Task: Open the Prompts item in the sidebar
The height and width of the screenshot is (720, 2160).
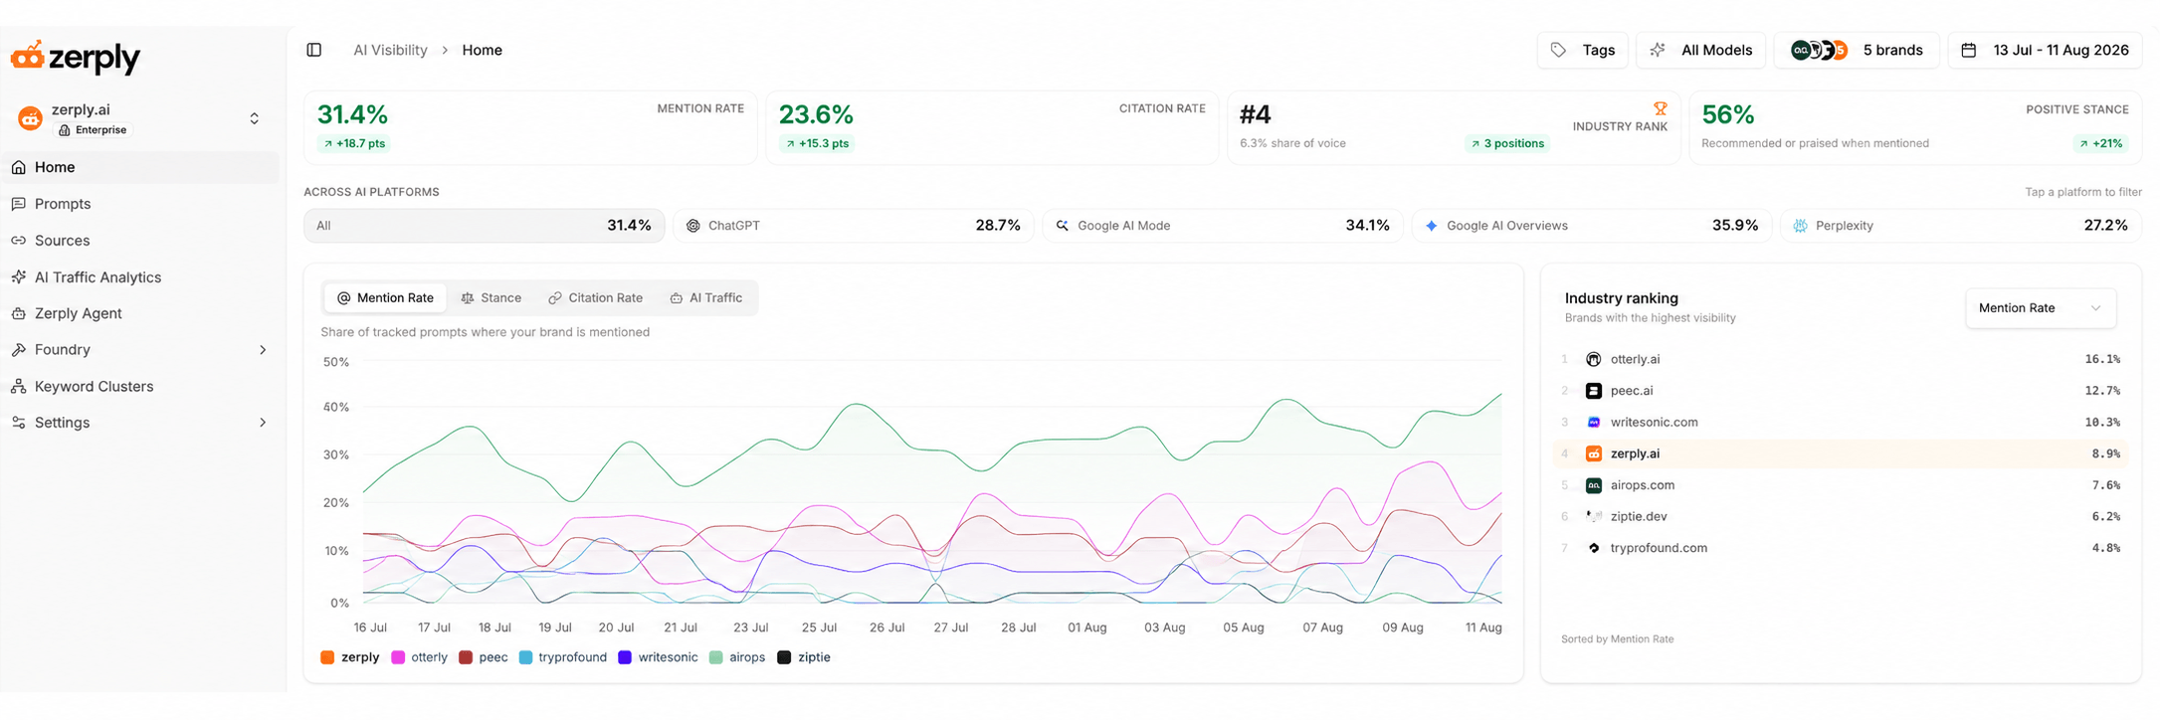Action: point(62,204)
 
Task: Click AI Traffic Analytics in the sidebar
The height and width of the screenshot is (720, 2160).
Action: point(97,277)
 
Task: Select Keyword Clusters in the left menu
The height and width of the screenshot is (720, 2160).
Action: point(93,386)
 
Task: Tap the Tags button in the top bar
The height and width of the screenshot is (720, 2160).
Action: point(1582,50)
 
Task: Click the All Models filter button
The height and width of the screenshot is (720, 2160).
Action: point(1700,50)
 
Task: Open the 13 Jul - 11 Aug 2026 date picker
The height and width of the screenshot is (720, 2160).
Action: point(2045,50)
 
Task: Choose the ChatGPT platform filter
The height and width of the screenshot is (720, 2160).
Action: point(854,226)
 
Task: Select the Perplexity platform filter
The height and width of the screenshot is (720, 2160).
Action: point(1960,226)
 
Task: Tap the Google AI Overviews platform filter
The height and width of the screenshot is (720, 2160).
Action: point(1592,226)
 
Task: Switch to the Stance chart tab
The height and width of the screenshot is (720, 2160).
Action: point(491,298)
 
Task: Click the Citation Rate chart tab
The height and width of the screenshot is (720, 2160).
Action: point(596,298)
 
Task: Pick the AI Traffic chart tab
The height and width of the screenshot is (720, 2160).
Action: point(706,298)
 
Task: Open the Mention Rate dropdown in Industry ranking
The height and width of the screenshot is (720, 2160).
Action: point(2040,308)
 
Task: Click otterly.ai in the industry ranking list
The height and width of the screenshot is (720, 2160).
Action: point(1635,359)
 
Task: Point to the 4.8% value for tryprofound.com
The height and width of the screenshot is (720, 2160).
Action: point(2105,548)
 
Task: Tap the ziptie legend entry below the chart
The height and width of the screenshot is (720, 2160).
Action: point(804,657)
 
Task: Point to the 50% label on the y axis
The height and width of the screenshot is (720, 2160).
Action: point(336,362)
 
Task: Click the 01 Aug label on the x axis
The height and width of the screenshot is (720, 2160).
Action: point(1086,628)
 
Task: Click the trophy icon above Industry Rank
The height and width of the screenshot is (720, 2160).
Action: point(1660,108)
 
